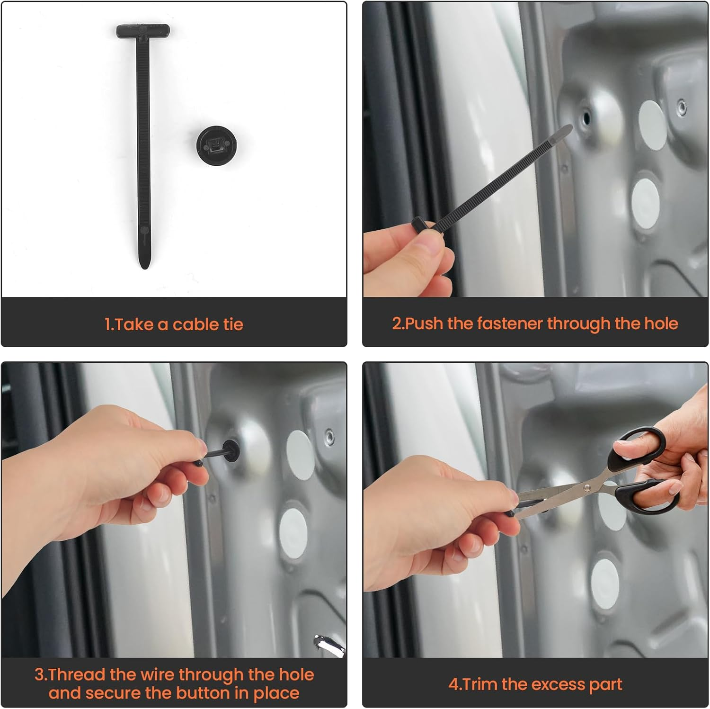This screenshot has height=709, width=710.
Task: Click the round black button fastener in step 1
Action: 217,146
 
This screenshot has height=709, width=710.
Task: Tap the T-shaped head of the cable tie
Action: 143,31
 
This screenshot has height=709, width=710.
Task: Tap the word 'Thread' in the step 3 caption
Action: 77,674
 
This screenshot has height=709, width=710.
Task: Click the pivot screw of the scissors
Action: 587,486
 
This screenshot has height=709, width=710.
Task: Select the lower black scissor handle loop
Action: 648,495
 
